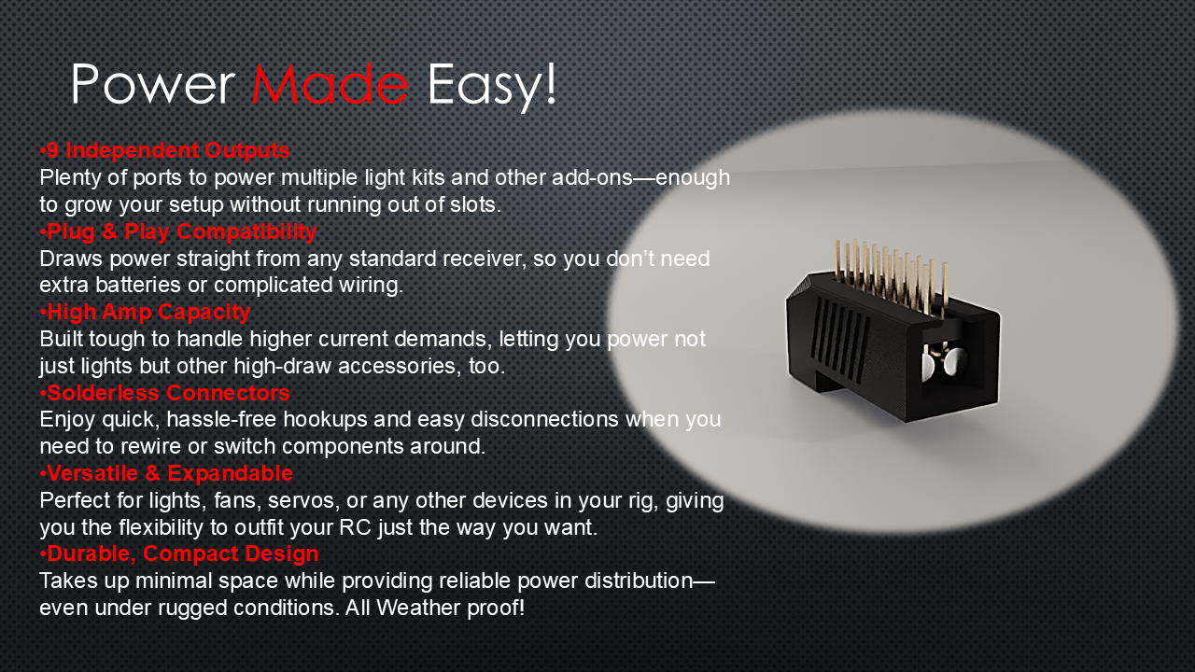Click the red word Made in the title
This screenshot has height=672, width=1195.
330,84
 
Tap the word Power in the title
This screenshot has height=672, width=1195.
153,84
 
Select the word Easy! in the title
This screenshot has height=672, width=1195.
492,87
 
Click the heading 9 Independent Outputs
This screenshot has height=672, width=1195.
165,150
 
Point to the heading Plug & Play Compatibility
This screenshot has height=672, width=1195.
178,231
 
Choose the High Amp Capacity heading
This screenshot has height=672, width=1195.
145,312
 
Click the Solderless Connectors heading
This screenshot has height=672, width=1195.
165,393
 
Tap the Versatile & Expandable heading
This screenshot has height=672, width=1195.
166,473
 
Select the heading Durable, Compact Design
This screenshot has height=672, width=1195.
179,553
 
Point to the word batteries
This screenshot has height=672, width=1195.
137,285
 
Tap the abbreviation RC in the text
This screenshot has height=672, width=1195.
355,527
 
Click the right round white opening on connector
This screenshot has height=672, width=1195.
954,362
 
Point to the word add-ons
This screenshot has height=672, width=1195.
592,177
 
